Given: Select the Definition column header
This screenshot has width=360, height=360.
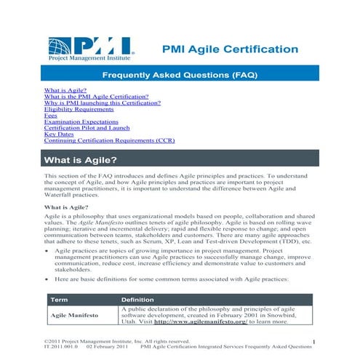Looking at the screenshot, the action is pyautogui.click(x=137, y=300).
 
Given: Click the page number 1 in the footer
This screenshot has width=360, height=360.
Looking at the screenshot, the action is pyautogui.click(x=313, y=341).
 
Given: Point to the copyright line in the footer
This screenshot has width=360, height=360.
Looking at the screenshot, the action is pyautogui.click(x=116, y=341).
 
